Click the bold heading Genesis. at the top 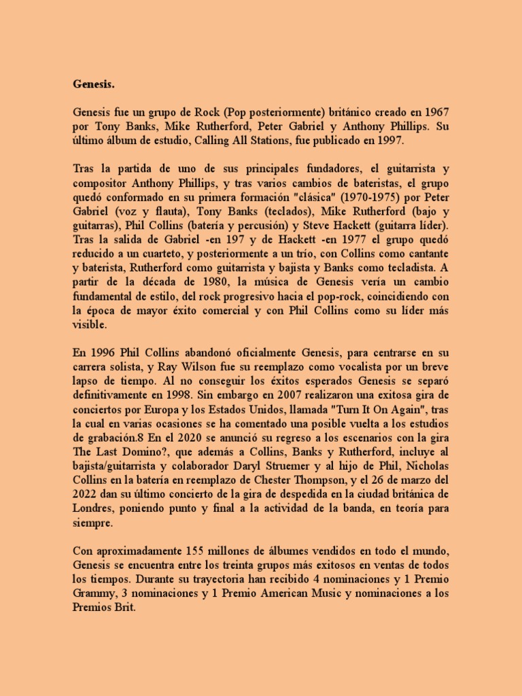[94, 84]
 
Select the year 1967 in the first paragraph [434, 112]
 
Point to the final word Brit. [124, 608]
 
